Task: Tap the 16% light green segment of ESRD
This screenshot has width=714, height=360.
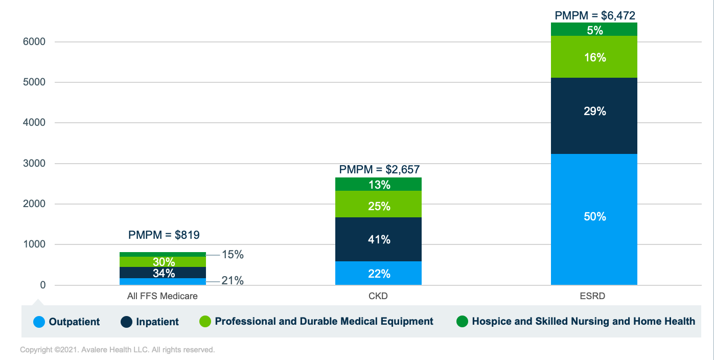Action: [594, 57]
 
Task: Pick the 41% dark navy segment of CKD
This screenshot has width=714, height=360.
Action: [378, 239]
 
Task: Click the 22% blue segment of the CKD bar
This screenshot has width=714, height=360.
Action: [378, 274]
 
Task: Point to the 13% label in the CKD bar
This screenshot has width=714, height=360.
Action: [378, 185]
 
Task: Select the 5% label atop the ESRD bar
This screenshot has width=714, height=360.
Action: [594, 30]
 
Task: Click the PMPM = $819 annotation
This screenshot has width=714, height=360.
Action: [164, 235]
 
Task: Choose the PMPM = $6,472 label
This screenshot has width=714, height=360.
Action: [595, 15]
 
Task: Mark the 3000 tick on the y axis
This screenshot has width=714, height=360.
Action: [35, 164]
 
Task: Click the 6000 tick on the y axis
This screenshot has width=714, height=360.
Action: [35, 42]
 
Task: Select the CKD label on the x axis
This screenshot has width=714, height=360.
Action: [378, 296]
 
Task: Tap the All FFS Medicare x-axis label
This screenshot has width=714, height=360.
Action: [162, 296]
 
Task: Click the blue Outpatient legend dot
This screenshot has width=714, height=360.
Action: [39, 322]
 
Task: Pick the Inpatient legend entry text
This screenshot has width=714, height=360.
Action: [157, 322]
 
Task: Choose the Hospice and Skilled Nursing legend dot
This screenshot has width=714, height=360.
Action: [462, 322]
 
